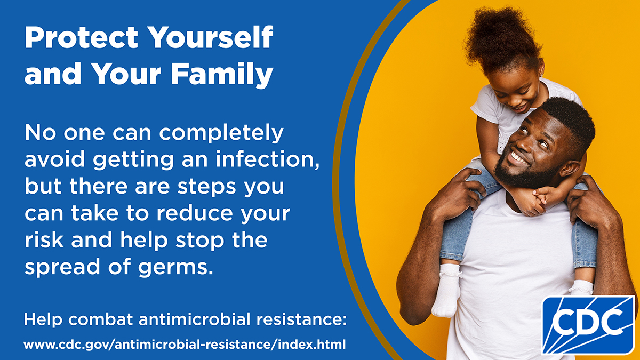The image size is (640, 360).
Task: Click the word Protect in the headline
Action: [82, 38]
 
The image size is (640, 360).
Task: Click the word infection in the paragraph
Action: [267, 159]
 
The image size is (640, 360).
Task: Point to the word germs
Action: [175, 267]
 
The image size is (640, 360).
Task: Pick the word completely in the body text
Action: [221, 133]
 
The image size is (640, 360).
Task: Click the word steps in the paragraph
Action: [206, 187]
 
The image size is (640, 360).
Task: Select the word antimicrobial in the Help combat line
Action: [194, 319]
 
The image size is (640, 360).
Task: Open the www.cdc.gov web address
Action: [185, 345]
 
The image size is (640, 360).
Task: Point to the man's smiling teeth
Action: [518, 158]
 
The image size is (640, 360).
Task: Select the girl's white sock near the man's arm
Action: [446, 290]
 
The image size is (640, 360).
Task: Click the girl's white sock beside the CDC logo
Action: [581, 288]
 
